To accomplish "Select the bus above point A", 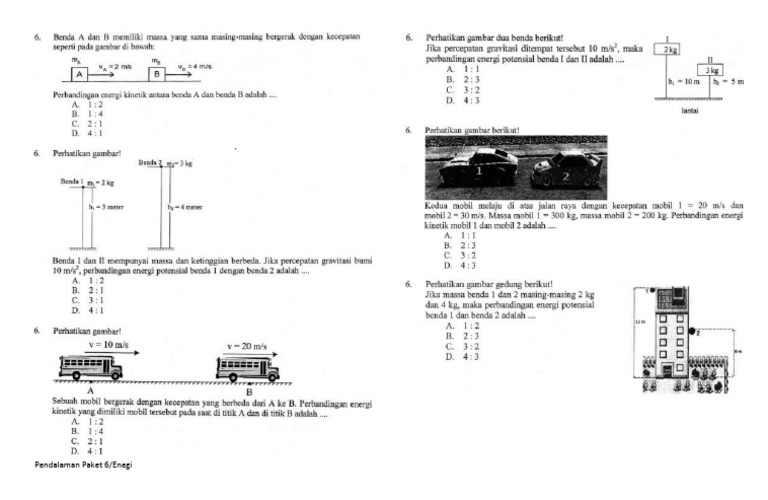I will click(x=91, y=367).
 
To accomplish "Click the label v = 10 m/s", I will click(x=107, y=345).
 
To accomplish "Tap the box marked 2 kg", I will click(x=666, y=48).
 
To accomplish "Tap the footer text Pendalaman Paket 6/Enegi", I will click(x=82, y=465).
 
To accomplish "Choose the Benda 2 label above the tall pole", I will click(x=150, y=162).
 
